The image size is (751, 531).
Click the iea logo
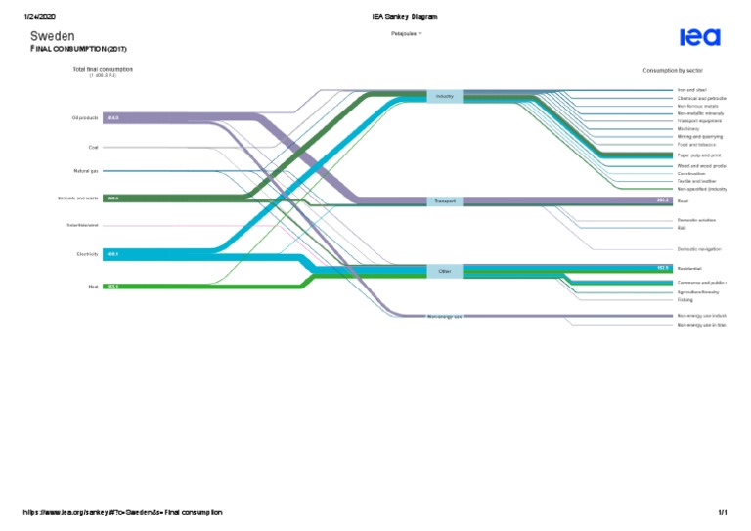click(700, 37)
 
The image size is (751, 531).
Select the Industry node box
click(445, 96)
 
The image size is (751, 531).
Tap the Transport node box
click(445, 201)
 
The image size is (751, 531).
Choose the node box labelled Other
click(445, 271)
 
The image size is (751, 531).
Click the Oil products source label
click(85, 118)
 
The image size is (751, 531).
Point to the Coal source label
click(93, 148)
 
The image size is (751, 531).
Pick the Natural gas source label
click(85, 171)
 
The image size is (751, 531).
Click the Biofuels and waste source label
click(78, 199)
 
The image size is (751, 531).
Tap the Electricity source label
click(86, 254)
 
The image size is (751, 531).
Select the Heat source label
click(93, 287)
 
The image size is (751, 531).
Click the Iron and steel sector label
click(691, 90)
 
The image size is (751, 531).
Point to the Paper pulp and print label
click(699, 155)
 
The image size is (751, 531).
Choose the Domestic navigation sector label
click(699, 249)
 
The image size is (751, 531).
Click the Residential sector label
click(690, 268)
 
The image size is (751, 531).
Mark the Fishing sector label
click(685, 300)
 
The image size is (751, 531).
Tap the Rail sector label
click(682, 228)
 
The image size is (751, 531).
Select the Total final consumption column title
click(103, 69)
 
